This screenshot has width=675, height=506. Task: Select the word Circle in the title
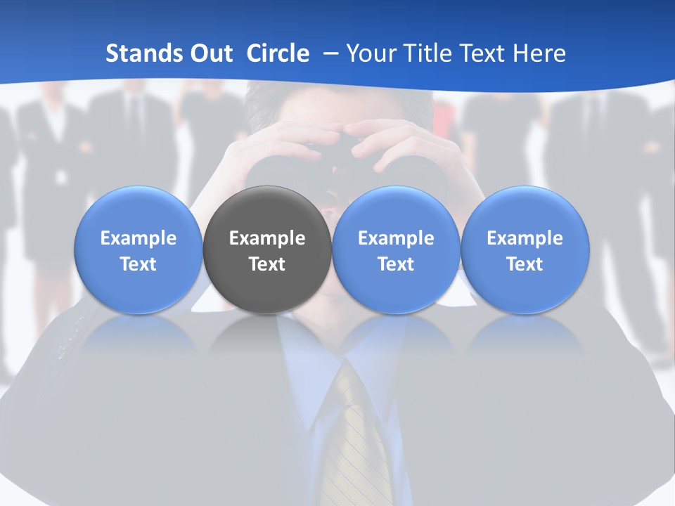278,53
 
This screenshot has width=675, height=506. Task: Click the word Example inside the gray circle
267,238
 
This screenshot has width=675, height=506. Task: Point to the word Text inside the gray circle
267,264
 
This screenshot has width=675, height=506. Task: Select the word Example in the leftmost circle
139,238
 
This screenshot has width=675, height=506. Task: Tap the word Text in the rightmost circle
525,264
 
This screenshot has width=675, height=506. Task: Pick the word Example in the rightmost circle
525,238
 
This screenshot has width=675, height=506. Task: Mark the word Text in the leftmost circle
139,264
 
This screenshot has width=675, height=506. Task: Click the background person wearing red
446,112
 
